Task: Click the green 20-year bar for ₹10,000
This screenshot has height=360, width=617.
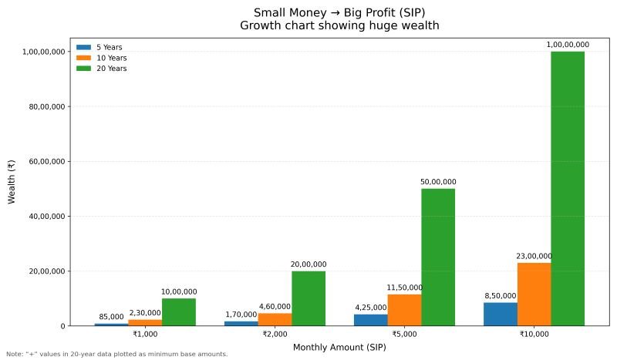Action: pyautogui.click(x=568, y=188)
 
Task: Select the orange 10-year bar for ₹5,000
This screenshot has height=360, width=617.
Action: pyautogui.click(x=404, y=310)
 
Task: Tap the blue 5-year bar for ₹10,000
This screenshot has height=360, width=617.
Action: pyautogui.click(x=501, y=314)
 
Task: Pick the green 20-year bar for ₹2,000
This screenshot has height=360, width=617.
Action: pyautogui.click(x=308, y=298)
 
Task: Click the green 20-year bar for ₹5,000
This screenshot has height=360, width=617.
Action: pyautogui.click(x=438, y=257)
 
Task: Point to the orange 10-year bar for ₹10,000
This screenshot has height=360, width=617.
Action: pyautogui.click(x=534, y=294)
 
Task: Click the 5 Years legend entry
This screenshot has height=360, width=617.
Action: pyautogui.click(x=99, y=47)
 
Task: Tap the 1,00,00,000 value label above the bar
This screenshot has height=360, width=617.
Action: pyautogui.click(x=568, y=45)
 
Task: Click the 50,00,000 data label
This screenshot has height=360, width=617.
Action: pyautogui.click(x=438, y=182)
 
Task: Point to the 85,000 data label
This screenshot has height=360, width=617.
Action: pyautogui.click(x=111, y=317)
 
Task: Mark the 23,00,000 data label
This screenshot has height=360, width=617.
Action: pyautogui.click(x=534, y=256)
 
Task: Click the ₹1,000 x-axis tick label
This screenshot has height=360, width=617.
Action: pyautogui.click(x=145, y=335)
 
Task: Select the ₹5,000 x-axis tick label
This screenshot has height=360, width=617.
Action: pyautogui.click(x=404, y=335)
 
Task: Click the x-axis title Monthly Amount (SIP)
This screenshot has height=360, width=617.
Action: pyautogui.click(x=339, y=348)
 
